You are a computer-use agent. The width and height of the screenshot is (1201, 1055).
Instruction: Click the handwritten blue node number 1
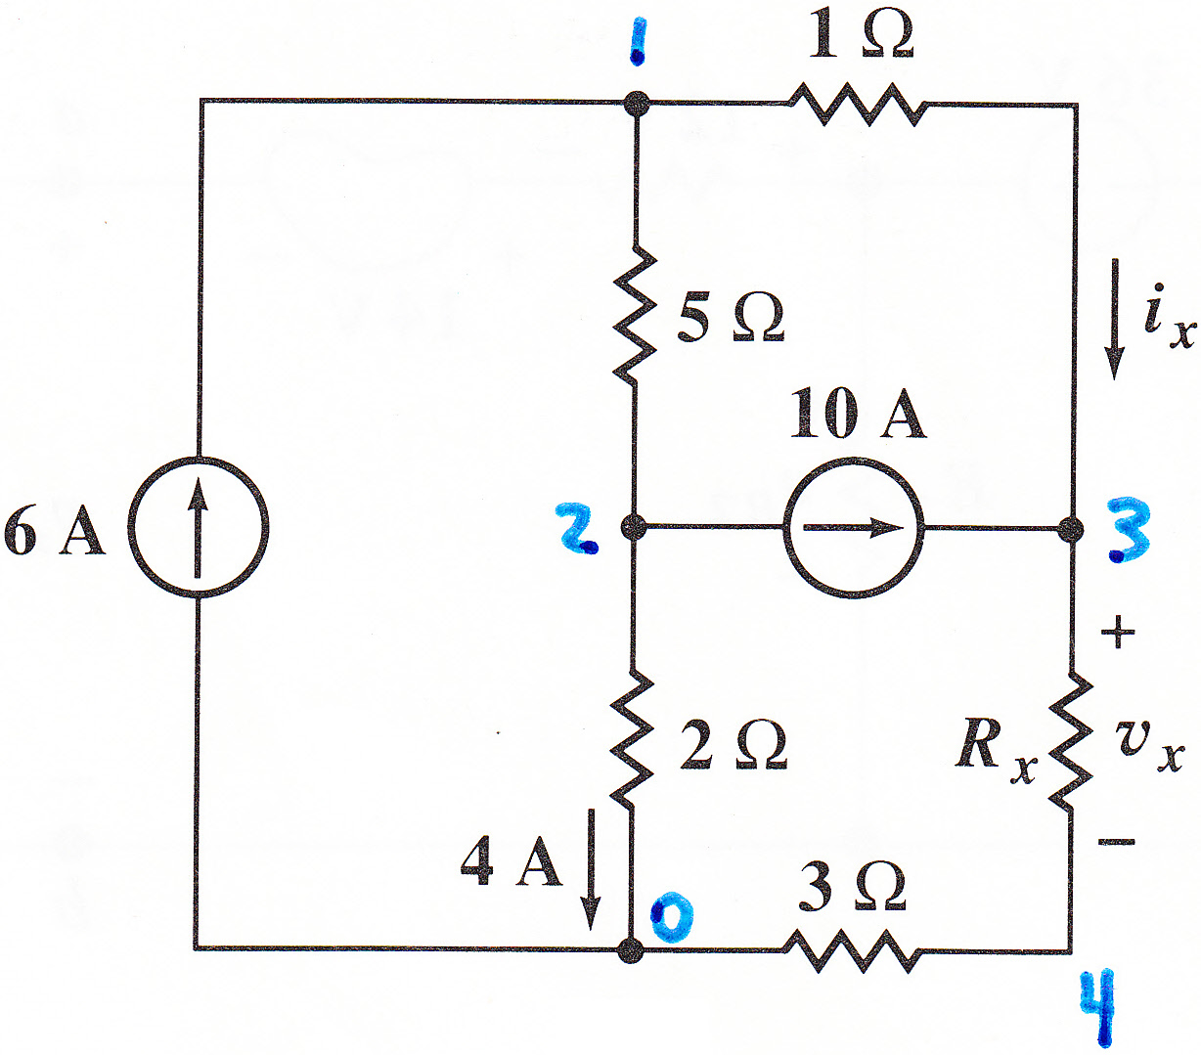638,41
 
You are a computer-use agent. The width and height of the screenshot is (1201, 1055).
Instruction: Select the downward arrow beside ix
1115,319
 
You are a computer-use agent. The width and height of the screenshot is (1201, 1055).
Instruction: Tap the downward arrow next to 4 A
590,869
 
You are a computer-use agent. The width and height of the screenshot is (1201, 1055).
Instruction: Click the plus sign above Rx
1118,632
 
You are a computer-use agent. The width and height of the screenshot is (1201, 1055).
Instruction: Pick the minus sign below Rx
1117,842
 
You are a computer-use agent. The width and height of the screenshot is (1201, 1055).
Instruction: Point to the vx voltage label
1149,746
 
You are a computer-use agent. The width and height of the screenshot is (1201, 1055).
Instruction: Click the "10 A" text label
858,414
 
